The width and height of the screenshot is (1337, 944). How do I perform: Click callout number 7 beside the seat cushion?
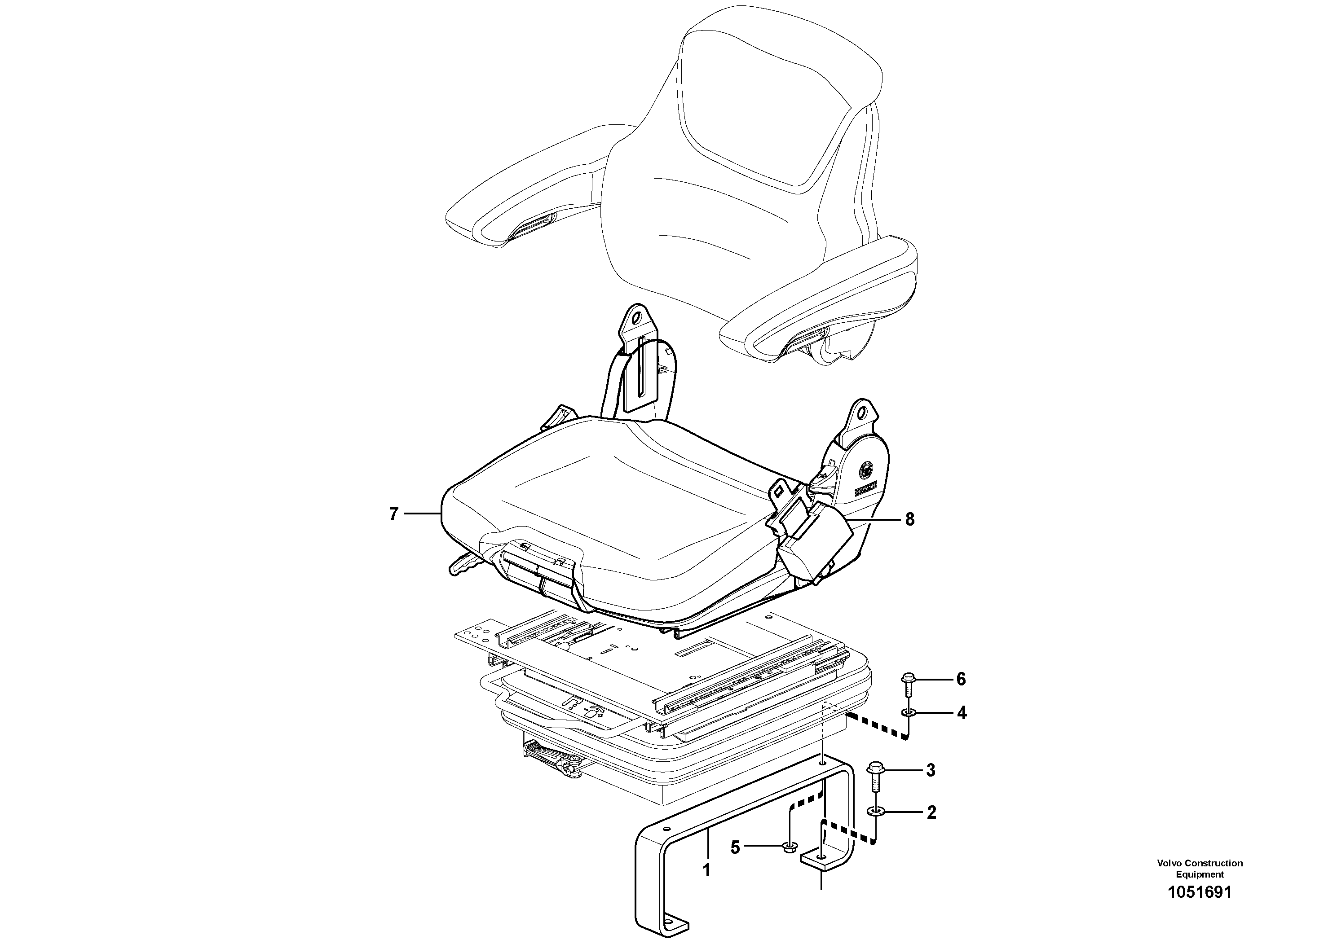394,514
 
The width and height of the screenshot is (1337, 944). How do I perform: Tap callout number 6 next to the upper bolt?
961,679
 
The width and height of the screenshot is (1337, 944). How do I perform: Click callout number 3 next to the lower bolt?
931,770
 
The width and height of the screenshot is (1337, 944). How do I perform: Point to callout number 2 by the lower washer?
931,812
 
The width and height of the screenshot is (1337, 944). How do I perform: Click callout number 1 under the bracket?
706,887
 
